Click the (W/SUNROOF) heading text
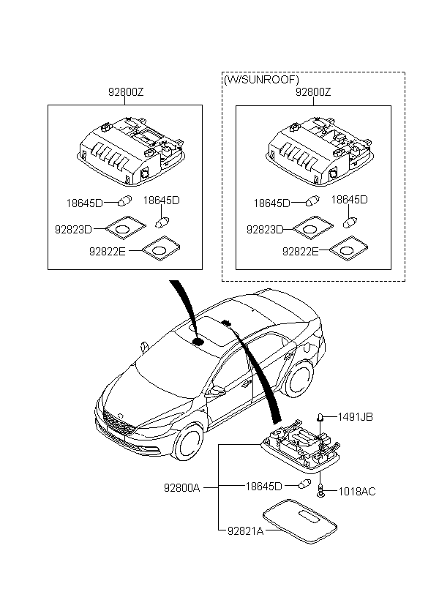point(261,80)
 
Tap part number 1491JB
point(355,417)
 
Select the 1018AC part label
point(357,491)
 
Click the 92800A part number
point(182,488)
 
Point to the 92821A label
point(245,531)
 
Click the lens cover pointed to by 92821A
point(301,521)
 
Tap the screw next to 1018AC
point(320,491)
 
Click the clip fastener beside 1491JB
point(320,417)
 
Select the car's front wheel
point(189,443)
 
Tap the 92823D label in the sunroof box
point(265,230)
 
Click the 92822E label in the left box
point(107,252)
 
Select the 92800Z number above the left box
point(126,92)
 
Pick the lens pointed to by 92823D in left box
point(125,228)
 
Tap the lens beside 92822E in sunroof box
point(349,249)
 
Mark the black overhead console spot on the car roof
point(198,341)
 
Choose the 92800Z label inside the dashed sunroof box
point(313,92)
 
